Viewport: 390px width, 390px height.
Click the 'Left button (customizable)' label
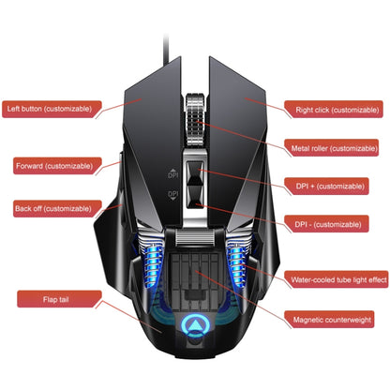[50, 108]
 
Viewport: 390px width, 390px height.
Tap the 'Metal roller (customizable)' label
[334, 148]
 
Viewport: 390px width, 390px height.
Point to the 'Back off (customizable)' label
[53, 207]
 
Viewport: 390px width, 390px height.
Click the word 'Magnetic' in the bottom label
[310, 321]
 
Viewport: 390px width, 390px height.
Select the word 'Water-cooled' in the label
[313, 279]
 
